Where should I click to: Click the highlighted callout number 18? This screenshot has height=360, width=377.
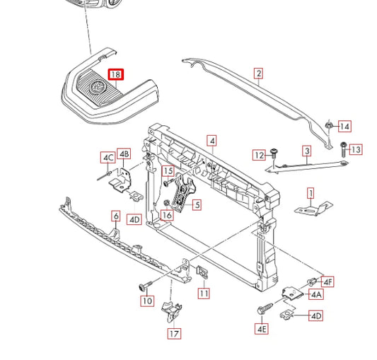(x=116, y=74)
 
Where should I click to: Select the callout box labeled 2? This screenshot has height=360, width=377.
(x=258, y=74)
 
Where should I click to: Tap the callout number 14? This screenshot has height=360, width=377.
(x=344, y=127)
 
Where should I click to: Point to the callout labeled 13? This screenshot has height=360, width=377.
(x=356, y=149)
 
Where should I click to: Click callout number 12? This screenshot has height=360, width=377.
(x=259, y=155)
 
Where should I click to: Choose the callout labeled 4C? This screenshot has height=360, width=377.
(x=108, y=158)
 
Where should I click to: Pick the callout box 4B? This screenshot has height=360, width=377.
(x=124, y=153)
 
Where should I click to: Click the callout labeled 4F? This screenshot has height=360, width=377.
(x=327, y=281)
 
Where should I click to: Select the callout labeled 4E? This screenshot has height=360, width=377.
(x=262, y=328)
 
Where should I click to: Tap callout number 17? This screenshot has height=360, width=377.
(x=174, y=334)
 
